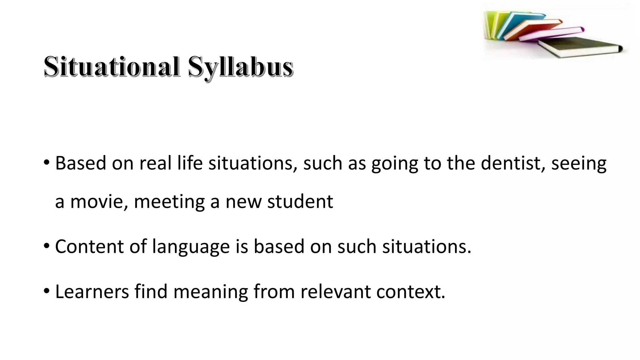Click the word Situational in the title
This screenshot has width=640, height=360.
(112, 67)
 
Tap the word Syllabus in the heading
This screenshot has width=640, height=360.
(240, 67)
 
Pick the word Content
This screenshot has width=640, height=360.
(89, 246)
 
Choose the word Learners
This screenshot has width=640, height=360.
(92, 291)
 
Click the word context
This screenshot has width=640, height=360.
(410, 291)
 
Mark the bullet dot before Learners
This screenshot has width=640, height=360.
(47, 291)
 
